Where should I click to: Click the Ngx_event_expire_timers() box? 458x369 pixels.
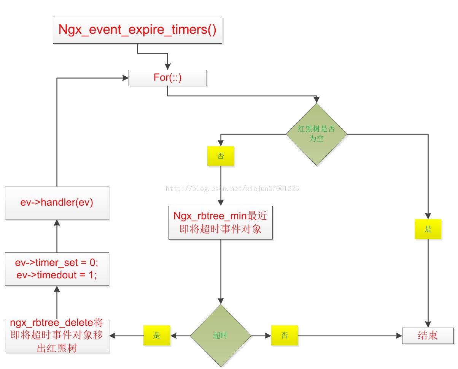pyautogui.click(x=137, y=30)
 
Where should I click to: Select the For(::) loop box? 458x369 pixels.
pyautogui.click(x=168, y=78)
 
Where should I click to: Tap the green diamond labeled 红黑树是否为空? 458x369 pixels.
pyautogui.click(x=316, y=134)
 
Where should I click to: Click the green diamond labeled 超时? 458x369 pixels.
pyautogui.click(x=221, y=336)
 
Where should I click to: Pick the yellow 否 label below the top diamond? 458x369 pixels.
pyautogui.click(x=221, y=156)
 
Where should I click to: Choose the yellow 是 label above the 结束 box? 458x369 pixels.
pyautogui.click(x=428, y=229)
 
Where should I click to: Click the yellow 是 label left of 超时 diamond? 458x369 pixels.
pyautogui.click(x=157, y=336)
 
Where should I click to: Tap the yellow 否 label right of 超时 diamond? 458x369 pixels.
pyautogui.click(x=285, y=336)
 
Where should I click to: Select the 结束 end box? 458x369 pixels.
pyautogui.click(x=428, y=336)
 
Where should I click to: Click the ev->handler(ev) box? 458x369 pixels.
pyautogui.click(x=57, y=203)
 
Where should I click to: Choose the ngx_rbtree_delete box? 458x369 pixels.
pyautogui.click(x=57, y=336)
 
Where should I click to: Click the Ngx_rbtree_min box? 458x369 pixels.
pyautogui.click(x=221, y=222)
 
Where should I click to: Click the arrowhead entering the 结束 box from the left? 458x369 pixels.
pyautogui.click(x=399, y=336)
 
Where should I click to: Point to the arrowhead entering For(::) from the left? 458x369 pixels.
pyautogui.click(x=125, y=78)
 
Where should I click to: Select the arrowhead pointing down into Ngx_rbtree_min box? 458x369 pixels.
pyautogui.click(x=221, y=203)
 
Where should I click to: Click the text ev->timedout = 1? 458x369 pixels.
pyautogui.click(x=57, y=275)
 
